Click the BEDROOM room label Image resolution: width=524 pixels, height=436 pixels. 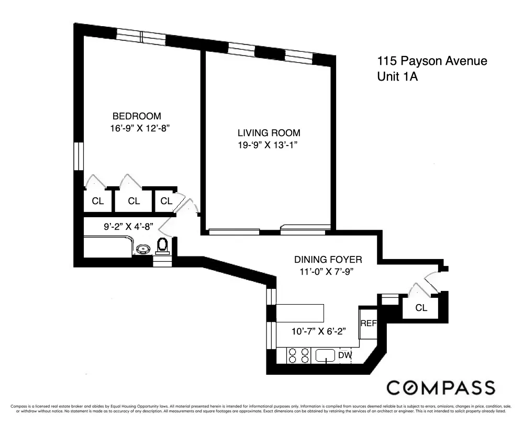(137, 116)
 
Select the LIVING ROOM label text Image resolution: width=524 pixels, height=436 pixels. (269, 133)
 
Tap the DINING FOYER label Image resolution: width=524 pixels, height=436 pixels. (328, 259)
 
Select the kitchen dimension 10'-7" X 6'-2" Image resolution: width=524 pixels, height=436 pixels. (319, 331)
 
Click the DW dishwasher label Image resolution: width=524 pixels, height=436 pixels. (345, 356)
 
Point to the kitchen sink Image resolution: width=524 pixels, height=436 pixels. (325, 356)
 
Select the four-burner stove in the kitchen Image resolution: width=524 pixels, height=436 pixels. (298, 356)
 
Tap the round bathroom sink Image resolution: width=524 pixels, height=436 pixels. (142, 249)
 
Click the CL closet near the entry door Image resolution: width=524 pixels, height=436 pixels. (421, 308)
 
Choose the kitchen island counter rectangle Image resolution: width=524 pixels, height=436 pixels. (300, 312)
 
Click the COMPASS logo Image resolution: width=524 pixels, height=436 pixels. (440, 388)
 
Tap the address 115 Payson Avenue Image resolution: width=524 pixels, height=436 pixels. (432, 61)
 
